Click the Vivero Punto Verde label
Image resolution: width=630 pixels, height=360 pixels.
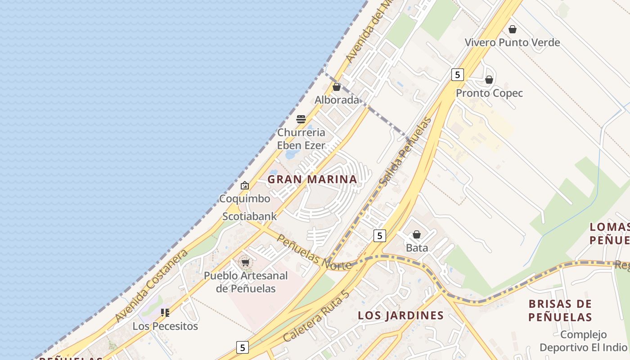(x=512, y=43)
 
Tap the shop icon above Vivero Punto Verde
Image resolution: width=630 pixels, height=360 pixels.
(x=512, y=30)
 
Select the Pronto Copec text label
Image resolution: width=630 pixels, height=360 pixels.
(x=489, y=93)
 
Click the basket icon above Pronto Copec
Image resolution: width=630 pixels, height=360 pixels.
(x=489, y=80)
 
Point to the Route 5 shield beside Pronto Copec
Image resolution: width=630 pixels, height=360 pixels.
(x=457, y=75)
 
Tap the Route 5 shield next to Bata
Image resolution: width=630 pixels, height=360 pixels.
(x=380, y=235)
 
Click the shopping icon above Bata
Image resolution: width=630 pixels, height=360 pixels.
(x=417, y=234)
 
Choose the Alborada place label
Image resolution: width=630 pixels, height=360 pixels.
(x=337, y=100)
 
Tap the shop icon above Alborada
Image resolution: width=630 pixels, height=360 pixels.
(x=337, y=87)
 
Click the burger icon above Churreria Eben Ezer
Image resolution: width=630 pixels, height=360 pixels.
(x=301, y=119)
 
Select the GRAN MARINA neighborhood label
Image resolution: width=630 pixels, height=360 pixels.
(x=312, y=179)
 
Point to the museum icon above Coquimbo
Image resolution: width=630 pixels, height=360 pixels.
(x=244, y=185)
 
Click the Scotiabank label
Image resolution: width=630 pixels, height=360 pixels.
(x=250, y=216)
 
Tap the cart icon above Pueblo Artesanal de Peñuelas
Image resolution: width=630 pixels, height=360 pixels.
(x=245, y=262)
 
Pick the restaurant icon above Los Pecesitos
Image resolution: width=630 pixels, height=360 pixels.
(x=165, y=313)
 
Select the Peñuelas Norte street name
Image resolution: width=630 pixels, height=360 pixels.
(x=313, y=253)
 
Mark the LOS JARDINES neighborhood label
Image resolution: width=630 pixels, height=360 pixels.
(x=400, y=315)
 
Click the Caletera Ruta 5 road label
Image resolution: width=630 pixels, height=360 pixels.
(x=316, y=316)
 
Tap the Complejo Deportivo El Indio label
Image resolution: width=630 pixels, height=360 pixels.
(x=583, y=341)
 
